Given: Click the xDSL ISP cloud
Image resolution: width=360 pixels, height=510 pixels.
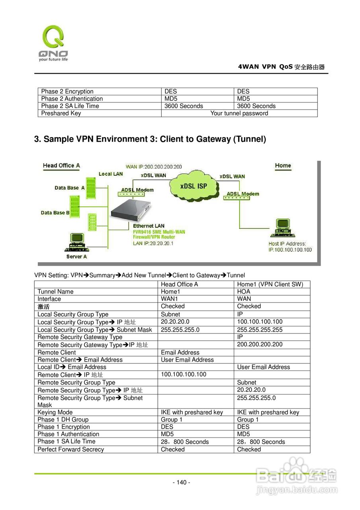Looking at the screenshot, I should [x=194, y=186].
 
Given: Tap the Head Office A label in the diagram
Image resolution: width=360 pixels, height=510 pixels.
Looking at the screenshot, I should [x=61, y=165].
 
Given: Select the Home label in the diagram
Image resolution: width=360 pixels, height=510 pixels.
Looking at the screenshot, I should [x=283, y=165].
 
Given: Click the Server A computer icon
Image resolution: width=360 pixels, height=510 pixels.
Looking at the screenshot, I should [x=76, y=242].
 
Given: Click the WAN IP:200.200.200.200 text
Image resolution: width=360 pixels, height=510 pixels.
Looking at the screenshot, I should [x=154, y=167].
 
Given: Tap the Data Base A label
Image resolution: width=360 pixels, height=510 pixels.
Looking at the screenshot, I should [x=69, y=188].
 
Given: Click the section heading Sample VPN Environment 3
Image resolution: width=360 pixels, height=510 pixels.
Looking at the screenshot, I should [x=150, y=139].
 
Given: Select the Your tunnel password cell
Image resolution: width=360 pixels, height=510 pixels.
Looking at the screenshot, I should [x=239, y=113].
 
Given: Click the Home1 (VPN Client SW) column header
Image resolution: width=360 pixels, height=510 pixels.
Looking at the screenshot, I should [x=270, y=284].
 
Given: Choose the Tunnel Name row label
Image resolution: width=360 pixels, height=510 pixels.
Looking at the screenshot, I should [x=55, y=292].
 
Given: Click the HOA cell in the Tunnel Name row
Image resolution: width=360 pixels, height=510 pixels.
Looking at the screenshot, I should [x=244, y=292].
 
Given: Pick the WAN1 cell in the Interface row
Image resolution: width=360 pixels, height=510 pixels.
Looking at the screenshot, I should [x=169, y=299].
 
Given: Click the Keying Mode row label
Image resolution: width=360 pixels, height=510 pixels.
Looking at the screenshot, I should [x=55, y=412].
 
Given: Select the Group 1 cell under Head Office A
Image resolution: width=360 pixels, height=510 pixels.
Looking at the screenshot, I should [x=172, y=420].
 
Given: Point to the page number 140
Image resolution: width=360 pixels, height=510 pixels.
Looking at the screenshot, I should [x=181, y=483].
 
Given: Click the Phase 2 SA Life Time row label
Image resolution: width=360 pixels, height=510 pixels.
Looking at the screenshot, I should [x=70, y=106].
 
